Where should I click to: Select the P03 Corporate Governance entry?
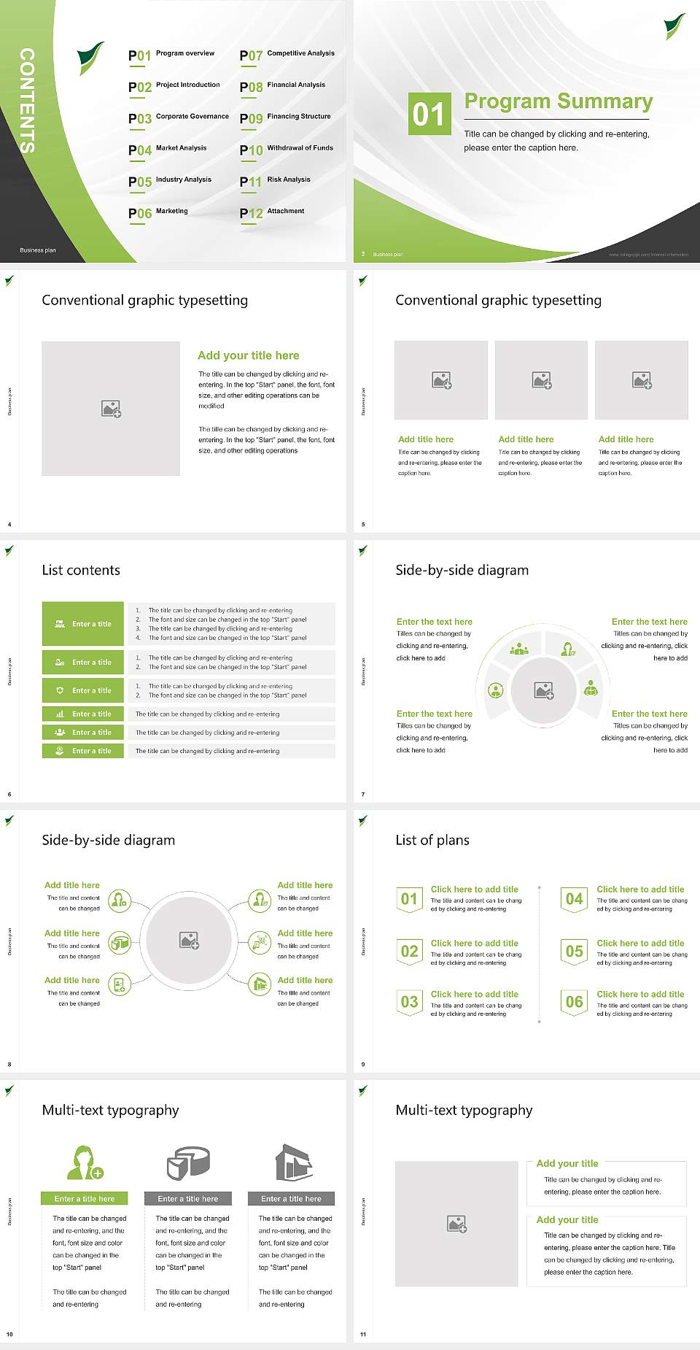pyautogui.click(x=179, y=117)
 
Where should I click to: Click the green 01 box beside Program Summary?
pyautogui.click(x=428, y=114)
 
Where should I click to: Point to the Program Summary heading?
pyautogui.click(x=558, y=101)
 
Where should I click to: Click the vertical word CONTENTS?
pyautogui.click(x=27, y=101)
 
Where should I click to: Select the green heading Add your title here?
pyautogui.click(x=248, y=355)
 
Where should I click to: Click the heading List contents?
pyautogui.click(x=81, y=570)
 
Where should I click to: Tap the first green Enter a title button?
pyautogui.click(x=83, y=624)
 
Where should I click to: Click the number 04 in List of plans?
pyautogui.click(x=575, y=899)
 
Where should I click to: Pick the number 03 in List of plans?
pyautogui.click(x=409, y=1002)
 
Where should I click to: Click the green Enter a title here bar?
pyautogui.click(x=85, y=1199)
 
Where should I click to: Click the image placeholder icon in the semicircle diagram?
pyautogui.click(x=544, y=690)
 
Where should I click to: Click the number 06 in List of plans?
pyautogui.click(x=575, y=1002)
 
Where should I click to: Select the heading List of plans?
pyautogui.click(x=432, y=840)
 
